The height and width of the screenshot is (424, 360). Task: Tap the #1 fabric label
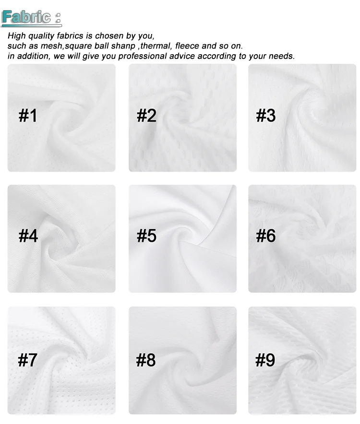27,116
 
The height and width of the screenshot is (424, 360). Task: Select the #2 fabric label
146,116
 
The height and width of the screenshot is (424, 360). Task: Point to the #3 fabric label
265,116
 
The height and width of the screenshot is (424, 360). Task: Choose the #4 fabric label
28,236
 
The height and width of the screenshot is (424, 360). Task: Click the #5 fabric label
146,236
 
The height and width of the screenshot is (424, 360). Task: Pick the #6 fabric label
265,236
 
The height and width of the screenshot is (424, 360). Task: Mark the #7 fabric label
27,360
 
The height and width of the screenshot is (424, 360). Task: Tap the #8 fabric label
146,360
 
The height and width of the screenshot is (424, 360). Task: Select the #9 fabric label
265,360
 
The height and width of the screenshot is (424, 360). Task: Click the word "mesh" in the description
53,46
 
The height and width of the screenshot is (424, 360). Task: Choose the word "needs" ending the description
281,56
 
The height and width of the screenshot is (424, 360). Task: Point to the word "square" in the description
78,46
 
